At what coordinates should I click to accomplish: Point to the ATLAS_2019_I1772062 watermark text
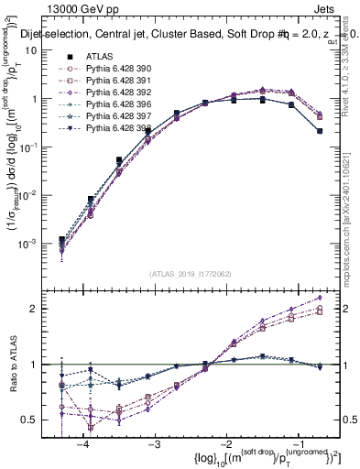[x=191, y=274]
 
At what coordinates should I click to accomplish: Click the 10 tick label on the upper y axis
[x=31, y=51]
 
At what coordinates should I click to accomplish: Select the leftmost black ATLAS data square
[x=61, y=239]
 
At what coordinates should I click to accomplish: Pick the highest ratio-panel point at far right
[x=319, y=297]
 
